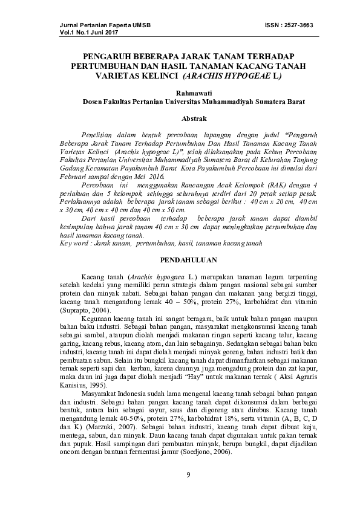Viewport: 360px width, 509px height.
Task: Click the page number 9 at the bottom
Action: pyautogui.click(x=189, y=473)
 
